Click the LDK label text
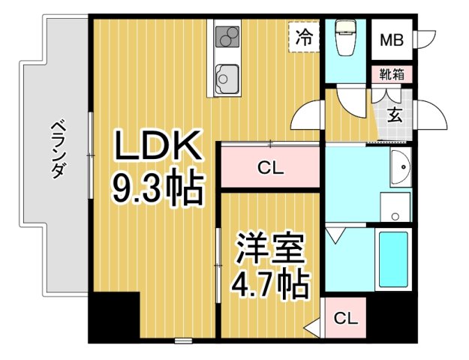(x=158, y=146)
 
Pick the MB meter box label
(x=390, y=40)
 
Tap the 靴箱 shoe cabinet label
(x=391, y=74)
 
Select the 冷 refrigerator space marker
(x=303, y=37)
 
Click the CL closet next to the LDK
(x=271, y=168)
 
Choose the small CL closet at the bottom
(x=345, y=318)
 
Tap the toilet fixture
(x=345, y=37)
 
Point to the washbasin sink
(x=400, y=166)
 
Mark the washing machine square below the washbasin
(x=395, y=207)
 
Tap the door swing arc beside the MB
(x=427, y=39)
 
